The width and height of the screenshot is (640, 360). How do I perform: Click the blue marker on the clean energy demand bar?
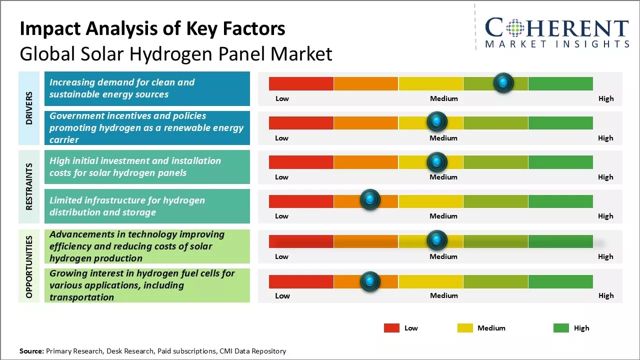pos(503,83)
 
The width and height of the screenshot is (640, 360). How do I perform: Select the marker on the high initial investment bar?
pos(437,161)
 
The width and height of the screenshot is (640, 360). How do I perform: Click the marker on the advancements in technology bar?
pos(437,240)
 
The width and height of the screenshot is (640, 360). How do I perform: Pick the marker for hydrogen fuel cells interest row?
pos(370,281)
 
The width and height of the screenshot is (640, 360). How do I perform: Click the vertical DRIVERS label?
pos(29,107)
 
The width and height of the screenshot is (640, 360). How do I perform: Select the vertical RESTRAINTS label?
pos(29,186)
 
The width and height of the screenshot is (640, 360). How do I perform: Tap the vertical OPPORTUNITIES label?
pos(29,266)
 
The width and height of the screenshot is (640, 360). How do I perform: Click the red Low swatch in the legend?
pos(391,328)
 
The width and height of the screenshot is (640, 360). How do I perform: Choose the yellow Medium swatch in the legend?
pos(465,328)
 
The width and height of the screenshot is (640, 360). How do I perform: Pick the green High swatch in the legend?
pos(561,328)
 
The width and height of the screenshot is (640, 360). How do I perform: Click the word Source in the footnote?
pos(31,351)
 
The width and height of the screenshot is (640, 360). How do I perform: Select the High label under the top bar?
pos(605,98)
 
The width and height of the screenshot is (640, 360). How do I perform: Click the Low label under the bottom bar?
pos(282,295)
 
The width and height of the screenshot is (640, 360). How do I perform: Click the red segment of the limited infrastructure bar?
pos(301,201)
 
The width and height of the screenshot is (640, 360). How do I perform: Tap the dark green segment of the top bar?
pos(560,83)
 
